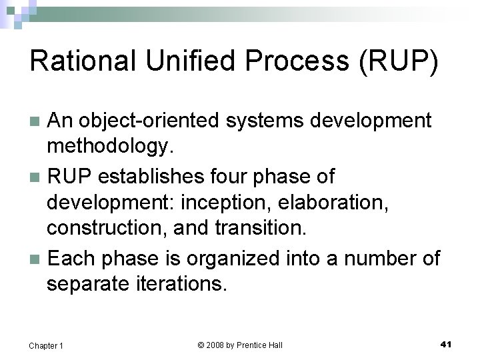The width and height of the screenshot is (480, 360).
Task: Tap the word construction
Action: [107, 229]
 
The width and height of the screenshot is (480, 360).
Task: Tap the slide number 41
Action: [446, 344]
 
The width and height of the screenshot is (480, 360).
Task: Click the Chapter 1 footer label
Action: [46, 345]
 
